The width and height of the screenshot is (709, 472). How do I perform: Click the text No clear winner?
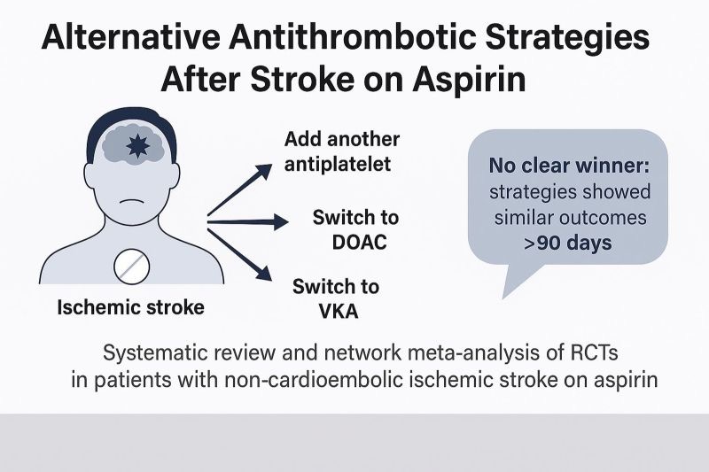click(x=567, y=166)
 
